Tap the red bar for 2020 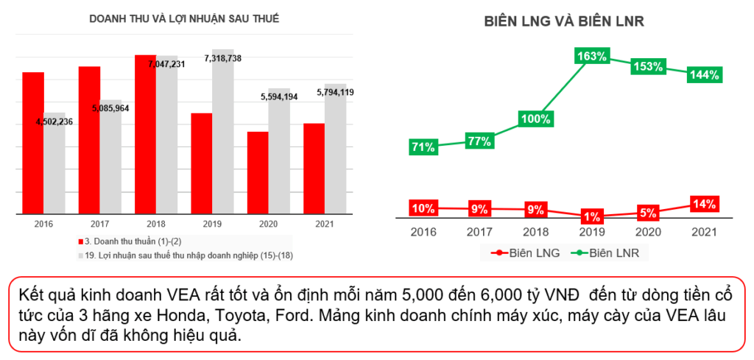tap(258, 173)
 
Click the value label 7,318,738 tap(223, 58)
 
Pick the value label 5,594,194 tap(278, 96)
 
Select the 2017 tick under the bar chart tap(100, 224)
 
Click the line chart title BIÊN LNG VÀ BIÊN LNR tap(564, 22)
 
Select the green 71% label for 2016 tap(423, 147)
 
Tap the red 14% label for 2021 tap(705, 205)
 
